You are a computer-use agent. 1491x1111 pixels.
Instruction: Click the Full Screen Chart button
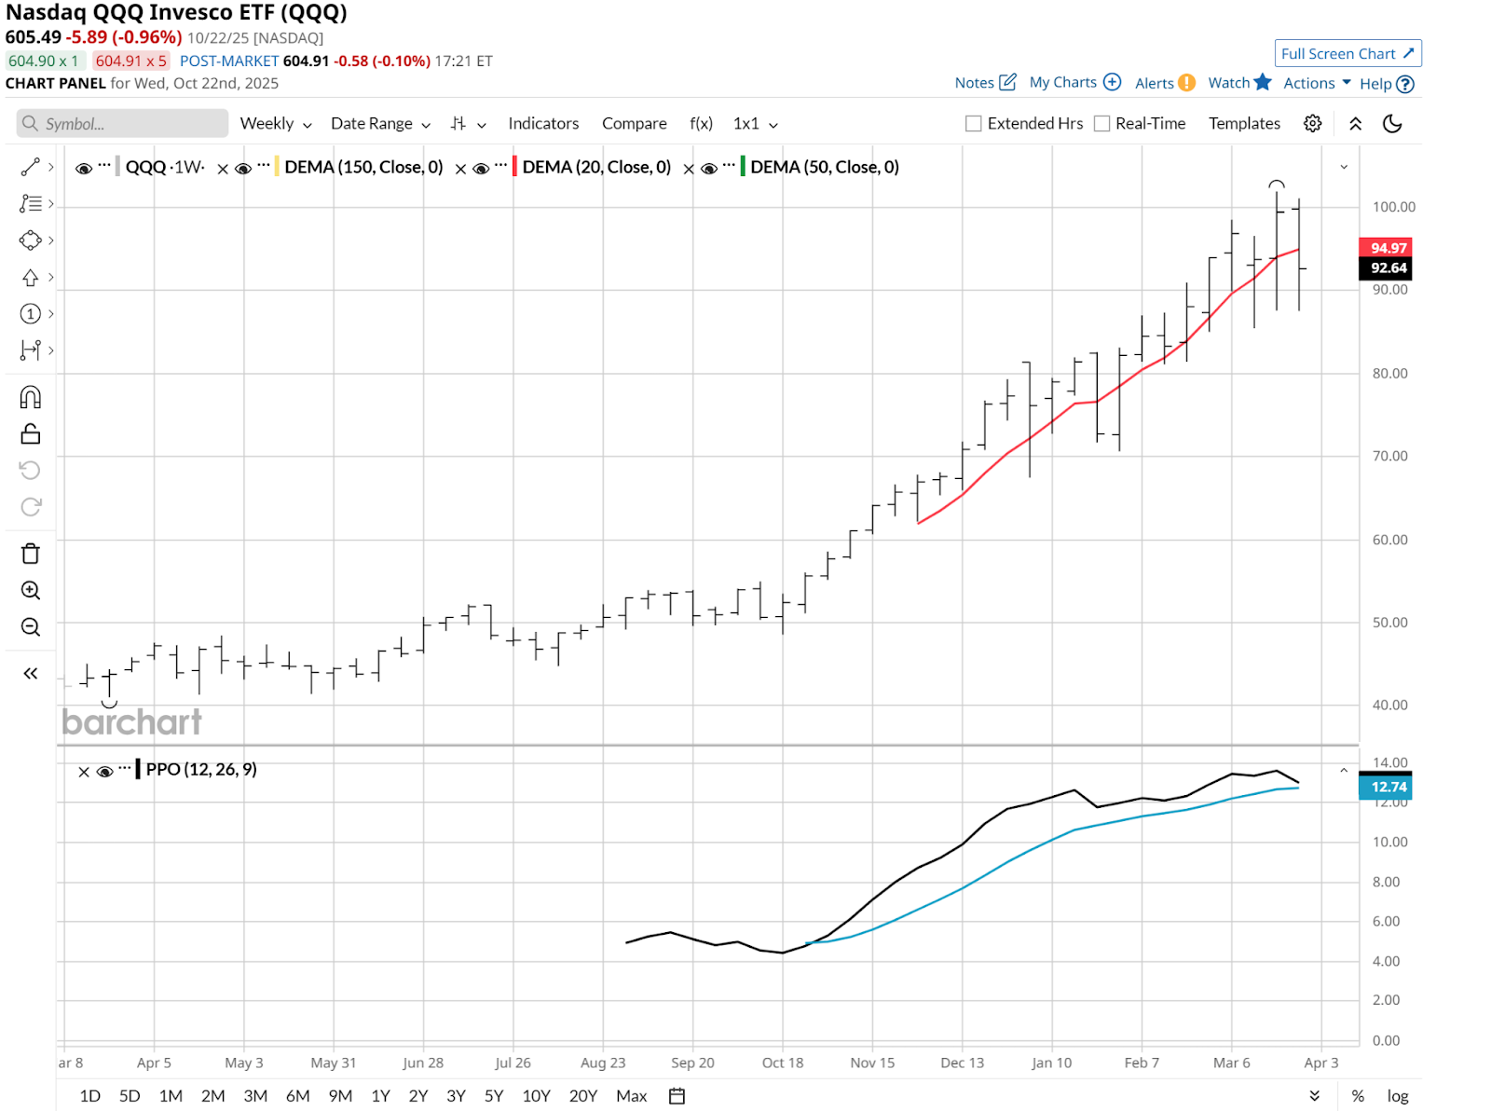[x=1347, y=54]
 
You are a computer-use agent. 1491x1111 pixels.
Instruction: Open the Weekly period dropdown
[x=275, y=124]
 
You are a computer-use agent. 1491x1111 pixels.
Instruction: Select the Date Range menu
[x=380, y=124]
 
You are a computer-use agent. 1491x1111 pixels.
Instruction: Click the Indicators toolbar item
[x=543, y=124]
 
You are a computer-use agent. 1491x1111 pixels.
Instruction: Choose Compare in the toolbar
[x=634, y=124]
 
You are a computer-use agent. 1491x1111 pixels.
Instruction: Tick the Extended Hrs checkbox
[x=974, y=124]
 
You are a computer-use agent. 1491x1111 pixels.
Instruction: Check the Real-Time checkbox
[x=1102, y=124]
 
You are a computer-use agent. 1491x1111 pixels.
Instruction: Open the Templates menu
[x=1244, y=124]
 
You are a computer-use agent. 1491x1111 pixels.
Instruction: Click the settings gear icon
[x=1313, y=124]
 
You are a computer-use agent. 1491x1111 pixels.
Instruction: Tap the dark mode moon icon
[x=1392, y=124]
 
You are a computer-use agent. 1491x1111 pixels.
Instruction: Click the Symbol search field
[x=123, y=124]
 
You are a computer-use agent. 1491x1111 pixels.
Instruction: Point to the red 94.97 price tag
[x=1387, y=248]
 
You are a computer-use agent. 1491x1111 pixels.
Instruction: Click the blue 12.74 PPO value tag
[x=1387, y=788]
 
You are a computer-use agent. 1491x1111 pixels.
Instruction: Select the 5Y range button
[x=494, y=1096]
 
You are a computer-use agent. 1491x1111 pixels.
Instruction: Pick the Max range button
[x=631, y=1096]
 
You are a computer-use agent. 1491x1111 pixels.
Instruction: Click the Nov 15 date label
[x=872, y=1063]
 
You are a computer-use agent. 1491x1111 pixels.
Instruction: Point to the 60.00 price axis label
[x=1389, y=540]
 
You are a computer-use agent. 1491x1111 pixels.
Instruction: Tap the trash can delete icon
[x=31, y=555]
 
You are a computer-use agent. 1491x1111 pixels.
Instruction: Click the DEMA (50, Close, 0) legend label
[x=825, y=168]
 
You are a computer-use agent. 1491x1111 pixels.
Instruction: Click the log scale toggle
[x=1397, y=1096]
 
